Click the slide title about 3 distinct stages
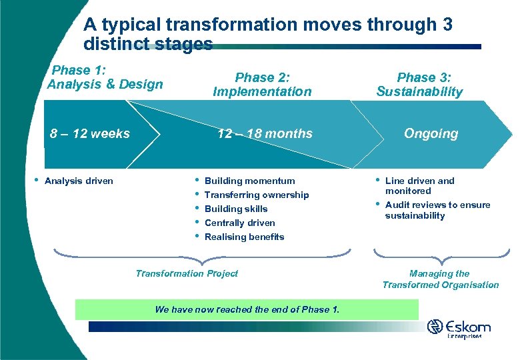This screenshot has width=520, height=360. tap(268, 35)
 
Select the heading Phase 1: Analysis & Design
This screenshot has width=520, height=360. tap(105, 77)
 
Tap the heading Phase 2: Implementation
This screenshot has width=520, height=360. tap(262, 85)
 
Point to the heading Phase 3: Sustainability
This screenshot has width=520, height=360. tap(419, 85)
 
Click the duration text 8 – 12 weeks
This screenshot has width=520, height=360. tap(90, 133)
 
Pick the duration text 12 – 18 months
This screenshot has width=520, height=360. tap(265, 133)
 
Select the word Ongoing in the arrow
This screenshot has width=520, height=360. tap(431, 133)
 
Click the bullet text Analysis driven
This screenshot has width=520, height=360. tap(79, 181)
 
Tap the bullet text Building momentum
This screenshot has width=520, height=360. tap(249, 181)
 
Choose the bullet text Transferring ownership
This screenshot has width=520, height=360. tap(257, 195)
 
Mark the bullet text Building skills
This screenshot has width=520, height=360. tap(236, 209)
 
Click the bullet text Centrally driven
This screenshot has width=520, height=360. tap(239, 223)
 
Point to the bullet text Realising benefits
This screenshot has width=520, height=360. tap(244, 237)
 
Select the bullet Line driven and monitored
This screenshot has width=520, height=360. tap(419, 185)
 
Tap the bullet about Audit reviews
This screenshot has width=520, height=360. tap(437, 210)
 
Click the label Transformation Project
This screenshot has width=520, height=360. tap(187, 273)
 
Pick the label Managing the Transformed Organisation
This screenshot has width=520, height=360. tap(440, 279)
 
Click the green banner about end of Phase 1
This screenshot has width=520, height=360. tap(247, 309)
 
